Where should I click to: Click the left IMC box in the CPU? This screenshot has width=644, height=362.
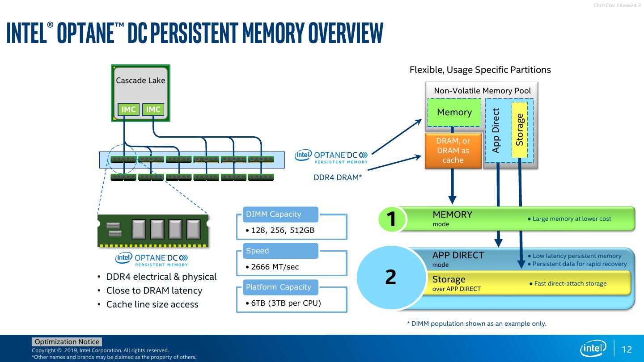[128, 109]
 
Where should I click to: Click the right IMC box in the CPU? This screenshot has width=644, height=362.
[153, 109]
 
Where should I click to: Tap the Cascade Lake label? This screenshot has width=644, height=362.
[140, 80]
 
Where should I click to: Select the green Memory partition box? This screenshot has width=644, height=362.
[454, 112]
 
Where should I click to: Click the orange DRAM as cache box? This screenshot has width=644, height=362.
[453, 151]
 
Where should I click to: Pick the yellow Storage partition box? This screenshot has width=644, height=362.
[520, 130]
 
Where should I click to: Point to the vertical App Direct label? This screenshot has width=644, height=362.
[496, 130]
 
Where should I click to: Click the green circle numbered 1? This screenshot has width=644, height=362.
[392, 219]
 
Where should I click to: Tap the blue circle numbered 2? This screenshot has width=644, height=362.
[391, 278]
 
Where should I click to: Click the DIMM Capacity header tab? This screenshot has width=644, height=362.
[280, 215]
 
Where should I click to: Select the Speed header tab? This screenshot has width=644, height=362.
[280, 251]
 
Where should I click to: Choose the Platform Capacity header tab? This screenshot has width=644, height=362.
[280, 287]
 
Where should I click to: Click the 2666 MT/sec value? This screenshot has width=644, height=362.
[275, 267]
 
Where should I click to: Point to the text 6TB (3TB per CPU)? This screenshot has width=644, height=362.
[286, 303]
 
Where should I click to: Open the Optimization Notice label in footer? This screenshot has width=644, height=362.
[67, 341]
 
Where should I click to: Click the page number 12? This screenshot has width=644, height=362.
[627, 349]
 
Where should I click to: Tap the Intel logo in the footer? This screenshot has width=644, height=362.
[593, 349]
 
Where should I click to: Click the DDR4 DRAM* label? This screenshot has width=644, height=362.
[338, 177]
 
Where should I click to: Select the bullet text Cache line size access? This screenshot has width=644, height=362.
[153, 304]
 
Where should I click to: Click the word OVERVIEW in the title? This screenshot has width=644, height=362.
[346, 33]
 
